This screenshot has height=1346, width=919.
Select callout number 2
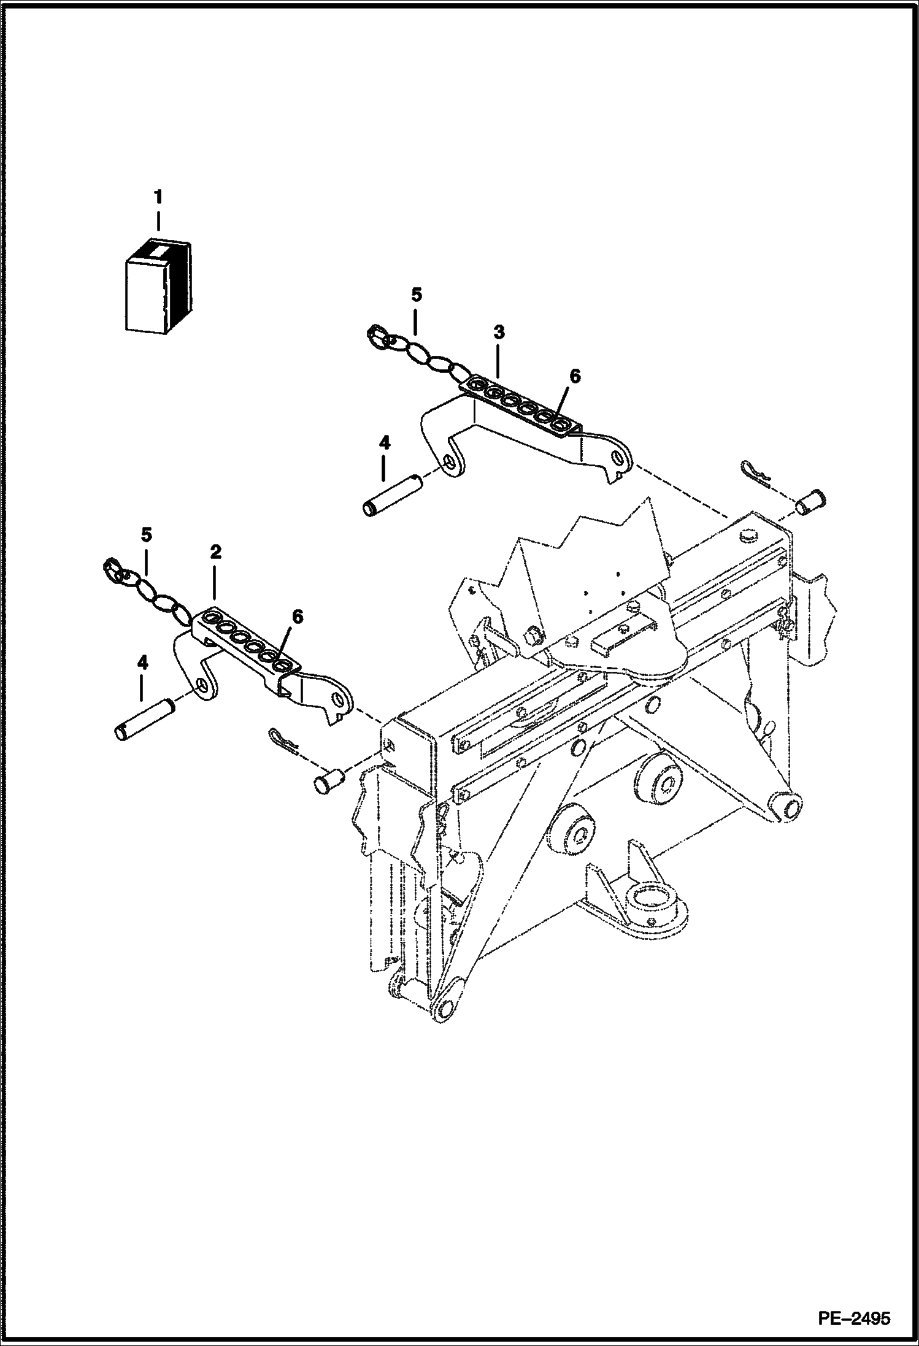pyautogui.click(x=215, y=552)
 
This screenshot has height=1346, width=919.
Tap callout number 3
pyautogui.click(x=498, y=333)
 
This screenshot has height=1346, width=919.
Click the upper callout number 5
pyautogui.click(x=416, y=295)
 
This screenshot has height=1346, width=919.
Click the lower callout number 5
pyautogui.click(x=146, y=534)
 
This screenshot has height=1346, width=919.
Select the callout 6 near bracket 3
pyautogui.click(x=574, y=377)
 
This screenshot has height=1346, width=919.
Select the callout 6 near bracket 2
pyautogui.click(x=297, y=617)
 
